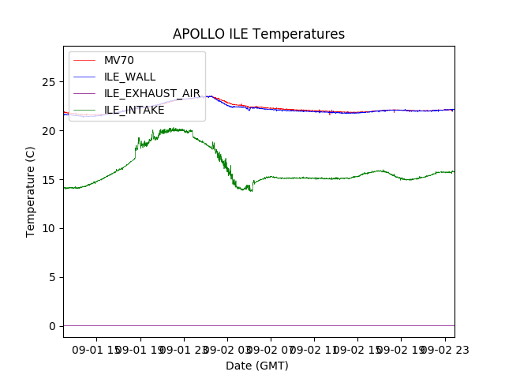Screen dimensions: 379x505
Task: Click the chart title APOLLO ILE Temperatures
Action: coord(259,35)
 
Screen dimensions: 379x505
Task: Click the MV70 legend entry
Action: coord(119,60)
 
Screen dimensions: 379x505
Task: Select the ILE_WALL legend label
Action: coord(129,77)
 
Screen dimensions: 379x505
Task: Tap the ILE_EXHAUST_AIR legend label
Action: coord(152,93)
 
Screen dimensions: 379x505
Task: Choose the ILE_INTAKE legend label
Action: coord(134,110)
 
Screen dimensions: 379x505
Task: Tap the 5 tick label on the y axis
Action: coord(54,278)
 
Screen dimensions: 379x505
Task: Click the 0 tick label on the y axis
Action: coord(54,326)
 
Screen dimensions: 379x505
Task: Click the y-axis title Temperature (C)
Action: coord(31,191)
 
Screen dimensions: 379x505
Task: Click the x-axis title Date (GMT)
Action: coord(257,366)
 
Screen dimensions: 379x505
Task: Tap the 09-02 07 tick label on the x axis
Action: coord(271,349)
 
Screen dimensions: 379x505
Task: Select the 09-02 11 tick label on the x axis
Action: coord(314,349)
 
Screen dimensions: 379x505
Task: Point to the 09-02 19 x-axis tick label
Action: coord(401,349)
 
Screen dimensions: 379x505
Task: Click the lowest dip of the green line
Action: coord(252,191)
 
